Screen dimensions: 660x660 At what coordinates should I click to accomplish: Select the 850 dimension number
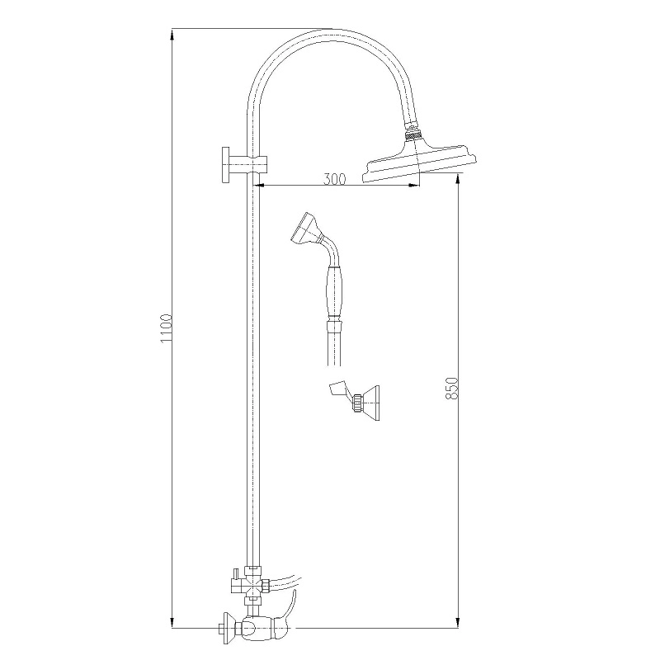tap(451, 388)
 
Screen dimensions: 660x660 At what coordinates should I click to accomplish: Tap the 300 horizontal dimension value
tap(335, 179)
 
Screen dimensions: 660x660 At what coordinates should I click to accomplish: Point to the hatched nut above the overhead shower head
tap(412, 136)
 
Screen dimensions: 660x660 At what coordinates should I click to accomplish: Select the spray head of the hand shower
tap(305, 229)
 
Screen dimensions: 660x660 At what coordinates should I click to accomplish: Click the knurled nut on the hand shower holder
tap(358, 403)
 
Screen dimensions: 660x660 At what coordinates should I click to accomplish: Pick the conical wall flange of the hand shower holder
tap(370, 403)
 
